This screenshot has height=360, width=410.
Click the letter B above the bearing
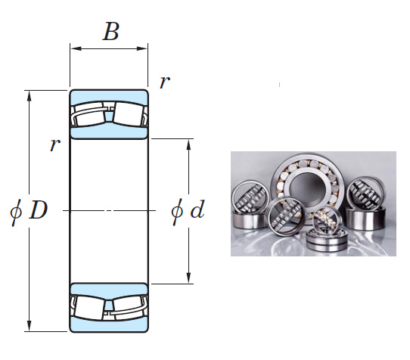pyautogui.click(x=110, y=32)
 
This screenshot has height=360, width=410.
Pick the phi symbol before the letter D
pyautogui.click(x=17, y=211)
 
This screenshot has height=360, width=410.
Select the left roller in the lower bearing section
pyautogui.click(x=91, y=307)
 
